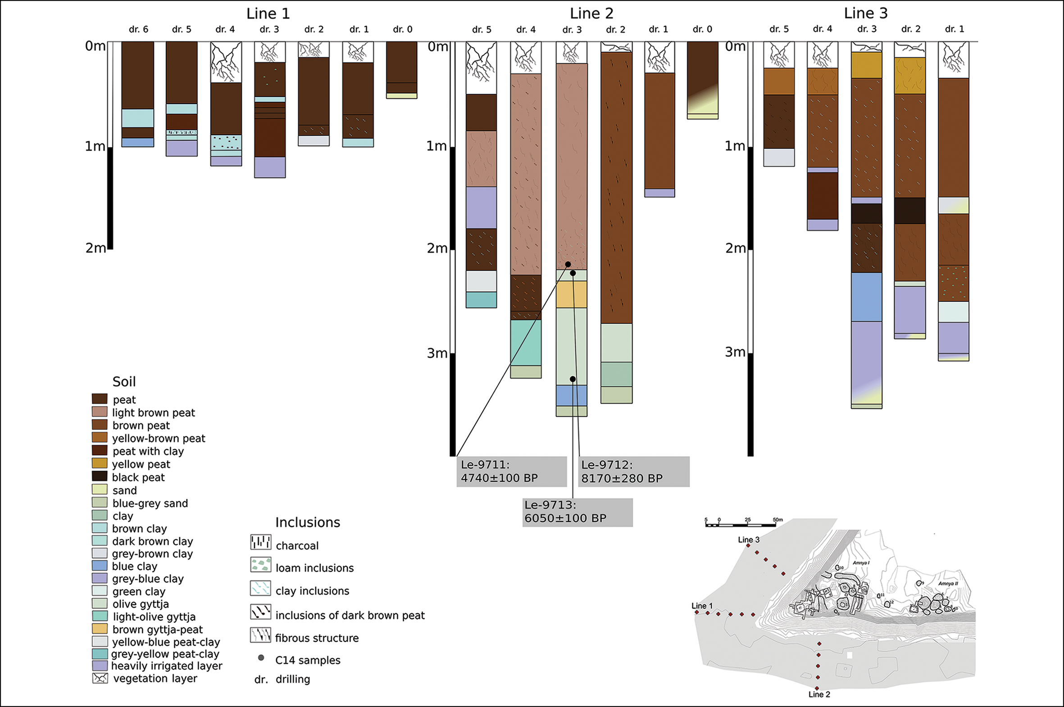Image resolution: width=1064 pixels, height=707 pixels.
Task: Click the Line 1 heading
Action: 268,14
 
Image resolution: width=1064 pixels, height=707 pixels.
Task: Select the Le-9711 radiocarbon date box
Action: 511,472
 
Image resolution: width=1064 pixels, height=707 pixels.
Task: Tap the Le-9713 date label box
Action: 577,512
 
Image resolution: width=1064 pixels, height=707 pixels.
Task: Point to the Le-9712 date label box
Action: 633,472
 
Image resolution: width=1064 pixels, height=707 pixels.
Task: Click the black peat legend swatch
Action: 99,477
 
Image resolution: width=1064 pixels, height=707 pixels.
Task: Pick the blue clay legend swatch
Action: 99,565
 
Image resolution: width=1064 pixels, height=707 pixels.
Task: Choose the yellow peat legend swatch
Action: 99,464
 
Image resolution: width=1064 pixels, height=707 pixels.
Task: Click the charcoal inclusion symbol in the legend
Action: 260,542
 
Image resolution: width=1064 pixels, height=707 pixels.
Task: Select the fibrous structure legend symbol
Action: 260,635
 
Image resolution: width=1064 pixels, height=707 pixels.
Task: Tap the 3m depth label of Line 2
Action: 437,353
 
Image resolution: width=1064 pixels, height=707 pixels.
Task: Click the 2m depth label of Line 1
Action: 95,248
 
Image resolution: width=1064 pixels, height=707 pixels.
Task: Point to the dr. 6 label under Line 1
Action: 138,29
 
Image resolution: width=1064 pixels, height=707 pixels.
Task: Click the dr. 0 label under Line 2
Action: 702,29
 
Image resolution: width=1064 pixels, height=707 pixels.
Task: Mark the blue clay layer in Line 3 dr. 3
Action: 866,297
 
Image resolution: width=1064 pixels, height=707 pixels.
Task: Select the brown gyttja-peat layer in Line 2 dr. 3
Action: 571,294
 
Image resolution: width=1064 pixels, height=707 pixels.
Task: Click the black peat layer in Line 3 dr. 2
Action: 909,211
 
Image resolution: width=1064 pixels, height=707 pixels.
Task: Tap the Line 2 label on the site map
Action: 819,694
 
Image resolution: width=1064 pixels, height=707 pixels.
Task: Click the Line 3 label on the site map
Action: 749,539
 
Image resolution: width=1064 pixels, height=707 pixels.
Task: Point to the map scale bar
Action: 740,525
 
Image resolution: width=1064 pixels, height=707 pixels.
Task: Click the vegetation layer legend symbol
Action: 100,678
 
